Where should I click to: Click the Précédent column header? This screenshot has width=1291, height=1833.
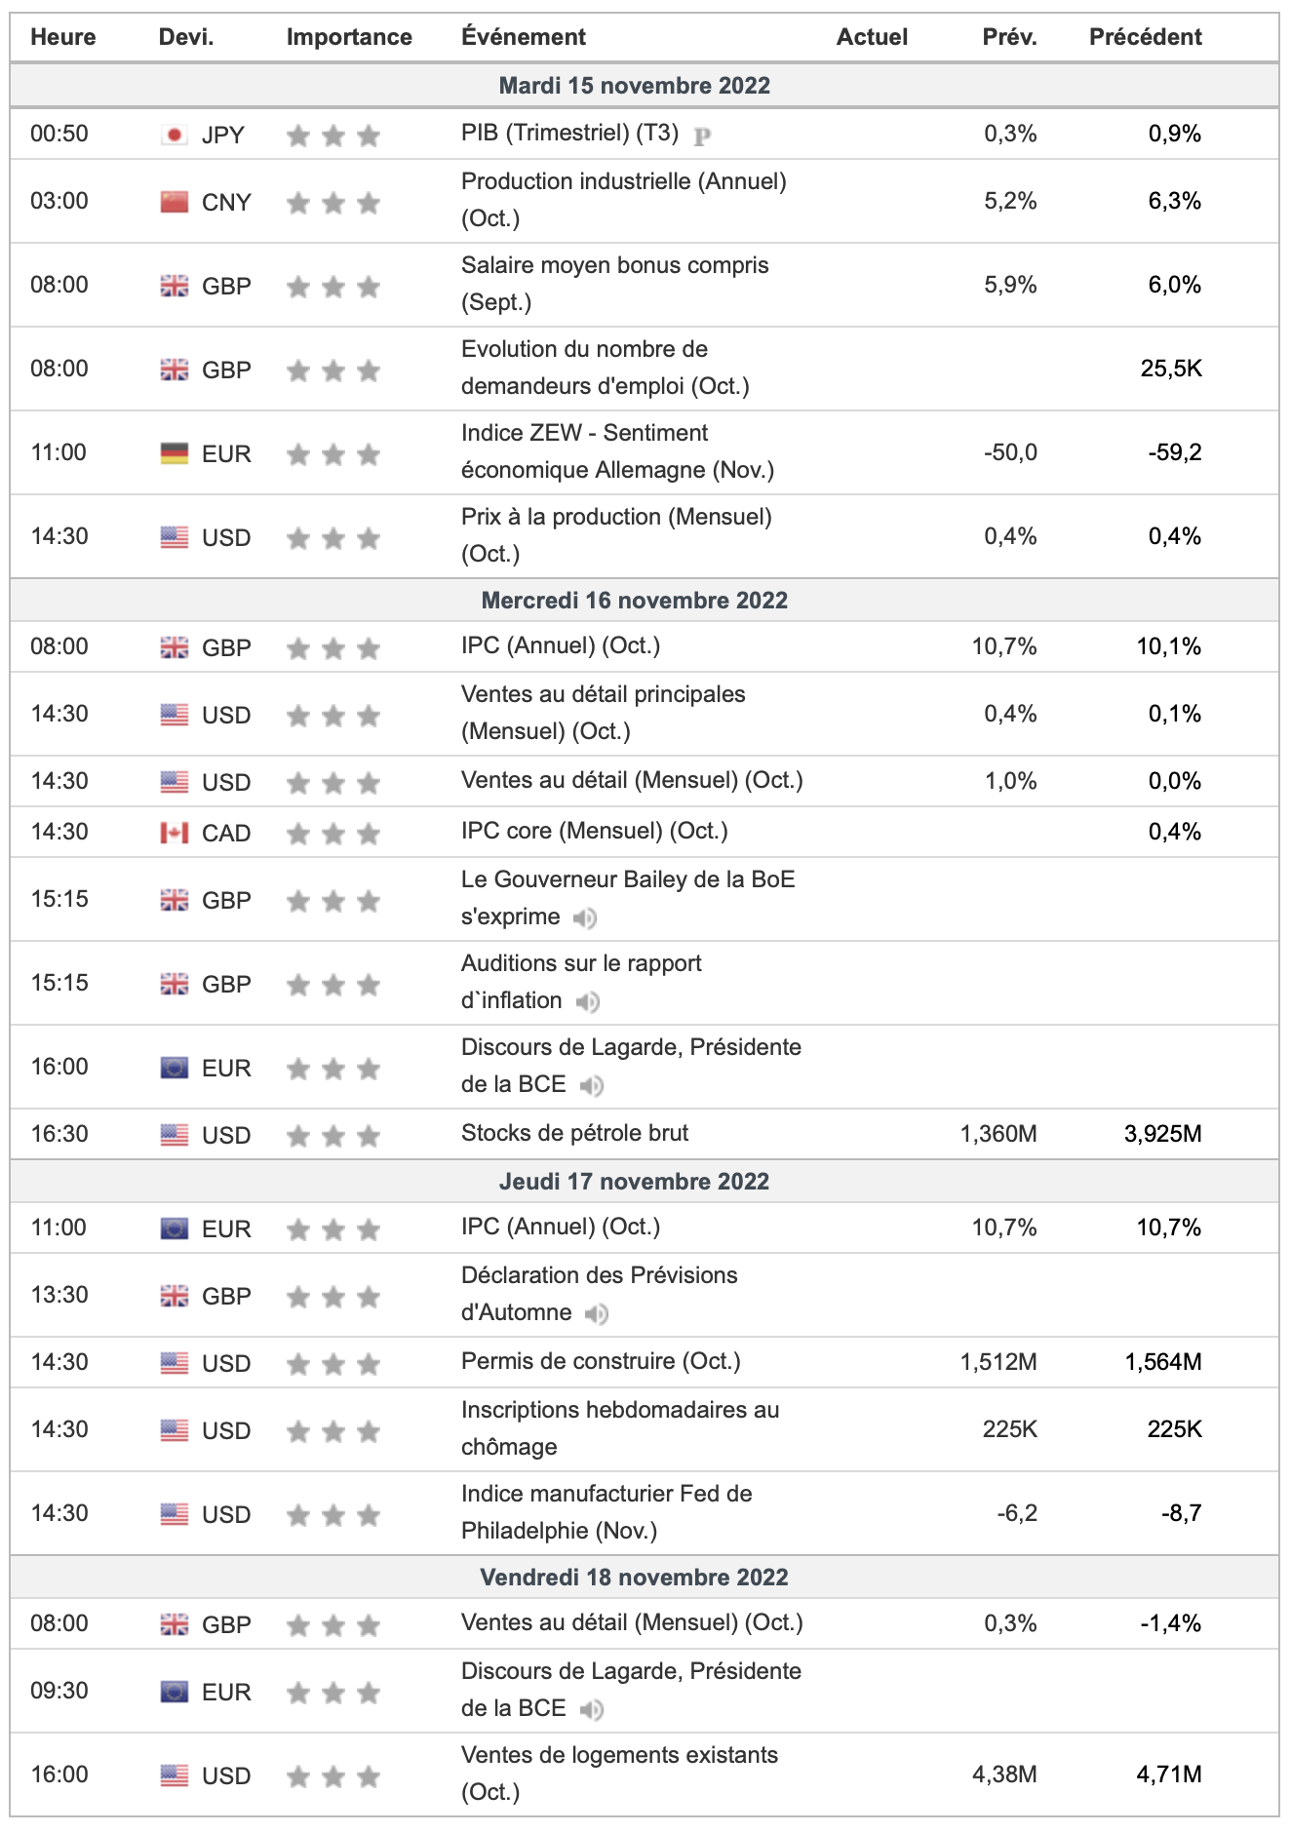[x=1145, y=37]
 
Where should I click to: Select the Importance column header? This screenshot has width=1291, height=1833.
[x=349, y=37]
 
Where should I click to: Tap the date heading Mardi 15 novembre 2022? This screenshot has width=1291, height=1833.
[x=634, y=86]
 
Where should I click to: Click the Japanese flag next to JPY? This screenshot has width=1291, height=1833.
[x=175, y=135]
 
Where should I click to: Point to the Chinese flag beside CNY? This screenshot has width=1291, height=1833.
[x=175, y=202]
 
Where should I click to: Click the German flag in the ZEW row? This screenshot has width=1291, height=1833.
[x=175, y=453]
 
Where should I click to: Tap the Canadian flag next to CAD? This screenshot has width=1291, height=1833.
[x=175, y=833]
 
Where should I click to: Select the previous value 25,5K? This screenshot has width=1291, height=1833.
[x=1171, y=369]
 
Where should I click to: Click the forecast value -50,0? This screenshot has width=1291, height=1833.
[x=1010, y=452]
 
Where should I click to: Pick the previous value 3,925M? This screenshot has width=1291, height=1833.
[x=1162, y=1134]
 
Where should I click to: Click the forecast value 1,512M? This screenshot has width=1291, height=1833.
[x=998, y=1362]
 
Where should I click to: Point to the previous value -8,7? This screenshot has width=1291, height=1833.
[x=1181, y=1513]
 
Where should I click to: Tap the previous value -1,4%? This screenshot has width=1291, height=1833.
[x=1170, y=1623]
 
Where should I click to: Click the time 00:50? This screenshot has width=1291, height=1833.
[x=59, y=134]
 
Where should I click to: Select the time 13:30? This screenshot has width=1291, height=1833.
[x=59, y=1295]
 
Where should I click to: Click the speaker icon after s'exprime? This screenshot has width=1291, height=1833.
[x=585, y=917]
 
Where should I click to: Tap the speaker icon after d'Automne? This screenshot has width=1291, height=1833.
[x=597, y=1314]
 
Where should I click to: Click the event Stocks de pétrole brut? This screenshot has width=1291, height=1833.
[x=574, y=1133]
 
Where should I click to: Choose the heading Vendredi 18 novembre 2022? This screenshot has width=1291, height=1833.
[x=634, y=1578]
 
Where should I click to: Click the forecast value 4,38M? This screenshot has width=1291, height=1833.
[x=1004, y=1774]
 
